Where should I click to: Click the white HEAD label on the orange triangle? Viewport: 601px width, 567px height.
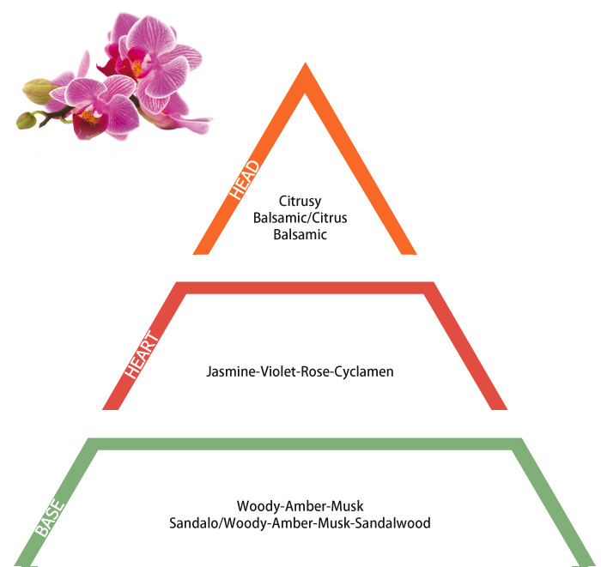pos(245,179)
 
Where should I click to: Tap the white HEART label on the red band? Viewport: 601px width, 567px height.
pos(142,354)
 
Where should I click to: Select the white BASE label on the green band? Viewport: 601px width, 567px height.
pos(50,517)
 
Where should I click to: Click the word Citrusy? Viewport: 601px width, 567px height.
pos(300,202)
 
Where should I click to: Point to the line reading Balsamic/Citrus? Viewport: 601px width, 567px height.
pos(300,218)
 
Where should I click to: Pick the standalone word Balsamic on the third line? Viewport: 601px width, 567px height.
pos(300,234)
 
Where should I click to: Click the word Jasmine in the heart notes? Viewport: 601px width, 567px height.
pos(231,371)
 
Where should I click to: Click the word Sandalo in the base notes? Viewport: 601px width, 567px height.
pos(193,523)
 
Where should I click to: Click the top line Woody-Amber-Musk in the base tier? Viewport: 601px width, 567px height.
pos(300,506)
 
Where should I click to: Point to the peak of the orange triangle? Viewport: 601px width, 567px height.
pos(306,63)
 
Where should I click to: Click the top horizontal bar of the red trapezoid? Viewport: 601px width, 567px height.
pos(305,288)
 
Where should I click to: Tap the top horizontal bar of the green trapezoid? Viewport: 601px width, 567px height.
pos(305,443)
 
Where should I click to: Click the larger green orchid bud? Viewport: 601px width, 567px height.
pos(38,91)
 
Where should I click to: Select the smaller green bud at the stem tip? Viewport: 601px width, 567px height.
pos(26,120)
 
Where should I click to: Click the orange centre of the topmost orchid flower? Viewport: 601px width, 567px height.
pos(137,68)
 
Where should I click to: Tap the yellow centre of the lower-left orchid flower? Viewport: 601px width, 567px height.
pos(89,116)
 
